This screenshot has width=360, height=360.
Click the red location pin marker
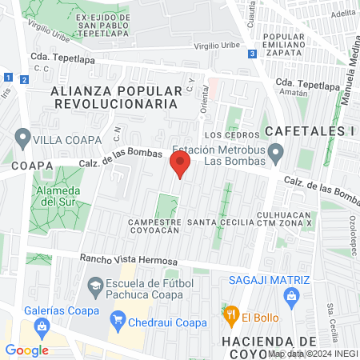pos(179,166)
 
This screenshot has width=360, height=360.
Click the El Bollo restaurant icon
pos(231,315)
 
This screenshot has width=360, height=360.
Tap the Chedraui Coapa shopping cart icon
pos(119,322)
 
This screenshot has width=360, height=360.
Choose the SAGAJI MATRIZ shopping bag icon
pos(291,297)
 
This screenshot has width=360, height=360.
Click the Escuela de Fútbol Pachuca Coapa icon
pos(96,284)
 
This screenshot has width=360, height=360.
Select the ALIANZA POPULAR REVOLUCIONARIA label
pos(114,98)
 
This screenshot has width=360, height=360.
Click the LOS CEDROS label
pos(233,135)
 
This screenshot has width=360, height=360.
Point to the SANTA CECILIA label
pos(219,222)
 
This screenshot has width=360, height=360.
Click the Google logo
pos(27,350)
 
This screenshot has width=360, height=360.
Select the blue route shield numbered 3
pos(252,54)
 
